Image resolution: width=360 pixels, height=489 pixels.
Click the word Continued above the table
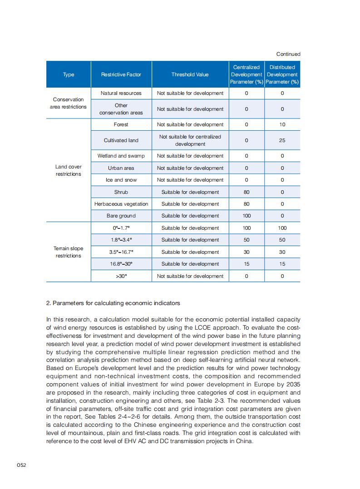288,54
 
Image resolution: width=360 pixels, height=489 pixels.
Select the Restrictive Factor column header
121,74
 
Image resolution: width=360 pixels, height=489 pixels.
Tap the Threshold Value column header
190,74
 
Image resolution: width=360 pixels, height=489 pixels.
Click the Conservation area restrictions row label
69,103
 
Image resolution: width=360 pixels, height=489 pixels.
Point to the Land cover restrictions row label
69,170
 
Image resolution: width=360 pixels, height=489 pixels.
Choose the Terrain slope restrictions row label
69,252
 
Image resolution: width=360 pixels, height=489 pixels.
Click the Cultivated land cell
121,140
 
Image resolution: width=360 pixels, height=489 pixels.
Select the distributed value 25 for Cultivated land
282,140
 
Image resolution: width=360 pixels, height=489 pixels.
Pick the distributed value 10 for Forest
282,124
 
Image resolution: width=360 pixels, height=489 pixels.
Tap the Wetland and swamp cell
121,156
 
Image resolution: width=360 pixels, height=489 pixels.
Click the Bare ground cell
121,216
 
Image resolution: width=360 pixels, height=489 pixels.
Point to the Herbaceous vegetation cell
121,204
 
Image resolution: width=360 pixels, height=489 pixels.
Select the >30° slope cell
121,276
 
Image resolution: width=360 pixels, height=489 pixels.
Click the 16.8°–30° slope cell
121,264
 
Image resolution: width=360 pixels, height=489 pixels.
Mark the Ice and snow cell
121,180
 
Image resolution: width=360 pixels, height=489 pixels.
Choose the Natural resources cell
121,93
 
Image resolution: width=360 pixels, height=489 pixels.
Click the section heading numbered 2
113,303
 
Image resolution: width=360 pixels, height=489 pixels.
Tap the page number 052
21,465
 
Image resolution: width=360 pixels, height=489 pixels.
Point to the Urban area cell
121,168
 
